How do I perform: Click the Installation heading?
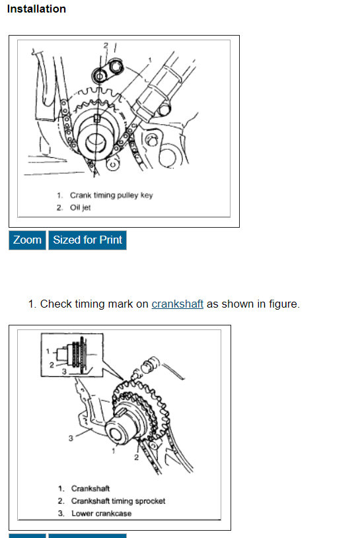point(36,9)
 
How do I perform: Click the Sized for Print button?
point(87,240)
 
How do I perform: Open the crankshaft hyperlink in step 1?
point(178,304)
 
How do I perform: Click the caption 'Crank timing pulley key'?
point(112,195)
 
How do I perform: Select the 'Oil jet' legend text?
point(81,207)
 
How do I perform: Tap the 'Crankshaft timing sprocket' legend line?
point(118,501)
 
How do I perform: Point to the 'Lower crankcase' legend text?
point(101,514)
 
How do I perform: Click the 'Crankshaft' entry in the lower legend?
point(90,488)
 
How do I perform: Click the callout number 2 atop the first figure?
point(106,46)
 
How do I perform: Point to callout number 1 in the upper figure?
point(150,60)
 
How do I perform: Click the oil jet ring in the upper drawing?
point(99,75)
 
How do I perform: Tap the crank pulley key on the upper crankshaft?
point(97,118)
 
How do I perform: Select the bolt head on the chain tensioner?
point(164,110)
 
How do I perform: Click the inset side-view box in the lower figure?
point(72,355)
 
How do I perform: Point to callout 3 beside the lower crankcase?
point(71,438)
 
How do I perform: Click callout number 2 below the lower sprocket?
point(136,457)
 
